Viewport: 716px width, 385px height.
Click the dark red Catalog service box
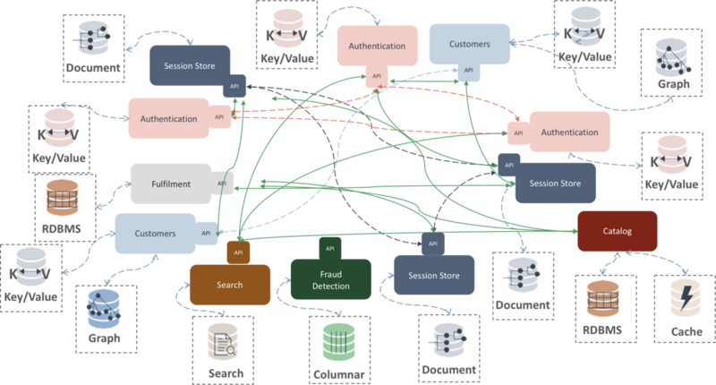click(x=618, y=231)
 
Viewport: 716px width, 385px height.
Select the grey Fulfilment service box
click(x=171, y=184)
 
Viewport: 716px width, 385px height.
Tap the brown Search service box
click(x=230, y=285)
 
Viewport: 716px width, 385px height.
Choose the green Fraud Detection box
click(x=330, y=279)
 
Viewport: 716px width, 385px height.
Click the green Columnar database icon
click(x=339, y=342)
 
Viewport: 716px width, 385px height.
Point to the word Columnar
click(x=339, y=375)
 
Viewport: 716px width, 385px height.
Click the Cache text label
click(x=686, y=331)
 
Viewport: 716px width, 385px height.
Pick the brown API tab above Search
click(x=238, y=252)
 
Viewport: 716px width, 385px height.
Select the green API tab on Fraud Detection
click(x=330, y=248)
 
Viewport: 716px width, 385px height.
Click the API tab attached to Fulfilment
click(x=222, y=184)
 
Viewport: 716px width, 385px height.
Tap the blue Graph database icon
click(x=104, y=308)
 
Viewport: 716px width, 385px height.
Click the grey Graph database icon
click(x=673, y=57)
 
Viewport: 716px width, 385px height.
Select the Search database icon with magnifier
click(x=223, y=342)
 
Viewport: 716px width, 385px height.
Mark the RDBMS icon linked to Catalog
click(x=602, y=299)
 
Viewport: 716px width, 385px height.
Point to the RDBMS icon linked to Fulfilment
click(x=63, y=197)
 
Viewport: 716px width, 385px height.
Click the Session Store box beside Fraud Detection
click(x=434, y=275)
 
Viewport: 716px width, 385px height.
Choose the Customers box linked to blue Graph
click(x=155, y=234)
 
